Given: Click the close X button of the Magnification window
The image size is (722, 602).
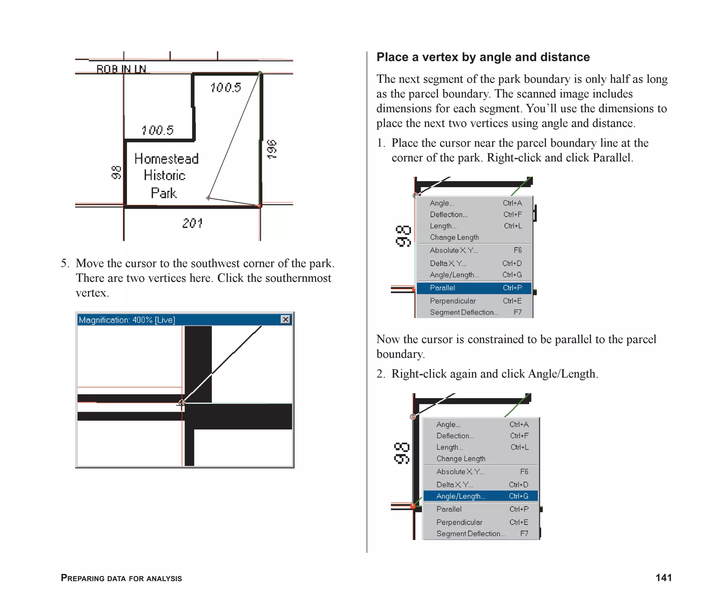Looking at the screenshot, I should [x=286, y=320].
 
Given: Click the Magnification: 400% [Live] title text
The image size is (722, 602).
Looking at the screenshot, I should [x=127, y=320].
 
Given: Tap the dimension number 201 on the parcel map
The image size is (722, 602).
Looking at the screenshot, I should [x=192, y=223].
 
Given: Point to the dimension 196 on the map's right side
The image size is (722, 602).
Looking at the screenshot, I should [x=272, y=149].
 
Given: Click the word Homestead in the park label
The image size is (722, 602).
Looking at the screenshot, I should [x=166, y=159].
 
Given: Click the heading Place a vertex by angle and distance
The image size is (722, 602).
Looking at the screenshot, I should [x=483, y=57].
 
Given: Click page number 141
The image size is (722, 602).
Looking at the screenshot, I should [x=663, y=577].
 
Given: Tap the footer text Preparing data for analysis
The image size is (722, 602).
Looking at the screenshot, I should [x=121, y=578].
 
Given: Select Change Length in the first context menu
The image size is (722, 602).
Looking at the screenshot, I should [x=454, y=237].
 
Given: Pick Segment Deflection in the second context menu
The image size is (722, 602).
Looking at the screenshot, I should [x=470, y=534].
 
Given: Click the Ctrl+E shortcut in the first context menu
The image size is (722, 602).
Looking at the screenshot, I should [x=512, y=301].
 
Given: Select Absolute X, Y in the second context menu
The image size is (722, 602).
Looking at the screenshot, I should [x=460, y=472].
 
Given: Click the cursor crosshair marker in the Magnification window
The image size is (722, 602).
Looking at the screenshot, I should [x=182, y=403].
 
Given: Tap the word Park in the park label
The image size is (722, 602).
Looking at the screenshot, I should [x=164, y=193].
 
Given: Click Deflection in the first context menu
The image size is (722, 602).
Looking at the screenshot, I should [x=448, y=214].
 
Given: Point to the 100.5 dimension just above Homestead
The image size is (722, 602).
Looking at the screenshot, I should [x=158, y=130].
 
